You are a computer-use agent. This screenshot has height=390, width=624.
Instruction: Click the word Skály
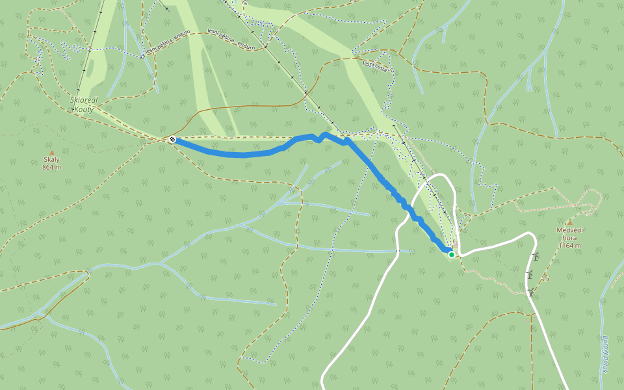(x=51, y=160)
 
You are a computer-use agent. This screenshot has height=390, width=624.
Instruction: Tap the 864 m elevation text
(x=51, y=168)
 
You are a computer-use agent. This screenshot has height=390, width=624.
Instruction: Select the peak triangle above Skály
(x=52, y=153)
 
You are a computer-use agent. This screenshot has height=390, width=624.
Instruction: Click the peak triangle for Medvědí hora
(x=569, y=222)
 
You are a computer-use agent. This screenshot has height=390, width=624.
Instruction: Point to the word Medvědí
(x=569, y=230)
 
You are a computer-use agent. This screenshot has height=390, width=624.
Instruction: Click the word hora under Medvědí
(x=569, y=238)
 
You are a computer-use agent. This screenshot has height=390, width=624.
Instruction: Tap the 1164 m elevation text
(x=569, y=246)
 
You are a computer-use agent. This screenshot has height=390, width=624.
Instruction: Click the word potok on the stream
(x=605, y=365)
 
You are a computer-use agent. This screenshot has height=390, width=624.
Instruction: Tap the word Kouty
(x=84, y=109)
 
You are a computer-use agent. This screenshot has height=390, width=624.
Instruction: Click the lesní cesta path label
(x=378, y=65)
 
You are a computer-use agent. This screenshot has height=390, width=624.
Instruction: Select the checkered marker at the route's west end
(x=172, y=139)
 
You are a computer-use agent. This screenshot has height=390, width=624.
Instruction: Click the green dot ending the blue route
(x=451, y=254)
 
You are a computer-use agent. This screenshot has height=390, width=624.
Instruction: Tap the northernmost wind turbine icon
(x=536, y=257)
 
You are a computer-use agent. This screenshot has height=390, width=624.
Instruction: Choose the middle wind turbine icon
(x=530, y=275)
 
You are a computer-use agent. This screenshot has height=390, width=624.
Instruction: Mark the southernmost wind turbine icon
(x=530, y=293)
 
